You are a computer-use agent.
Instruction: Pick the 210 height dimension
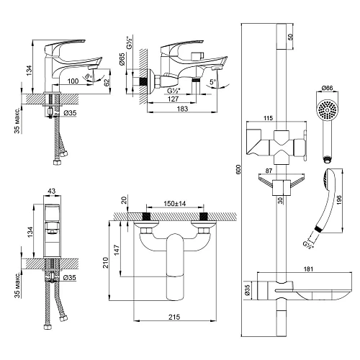105,263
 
